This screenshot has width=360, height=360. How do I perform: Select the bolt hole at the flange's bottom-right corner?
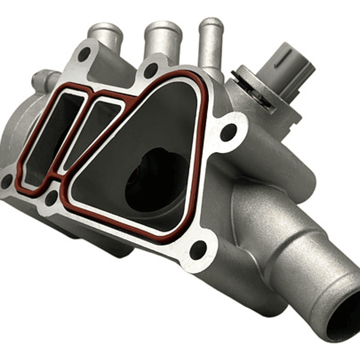[199, 249]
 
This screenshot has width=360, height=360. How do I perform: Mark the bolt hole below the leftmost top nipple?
[84, 54]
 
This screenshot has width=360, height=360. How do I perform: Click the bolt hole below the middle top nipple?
[150, 71]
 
